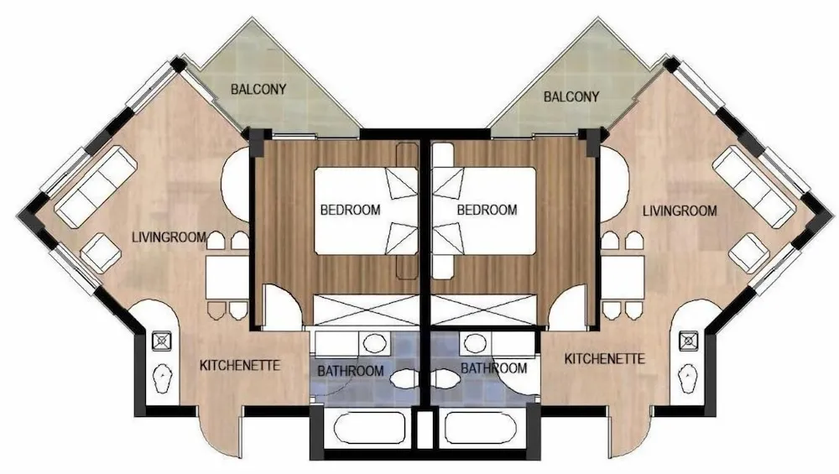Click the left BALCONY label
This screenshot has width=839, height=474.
258,89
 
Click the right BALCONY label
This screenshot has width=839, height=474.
571,97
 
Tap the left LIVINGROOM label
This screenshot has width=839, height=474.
169,237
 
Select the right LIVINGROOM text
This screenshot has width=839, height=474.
680,211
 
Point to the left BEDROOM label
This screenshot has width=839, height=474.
350,210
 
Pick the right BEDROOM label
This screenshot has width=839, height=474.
487,210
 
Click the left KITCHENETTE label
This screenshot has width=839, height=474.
239,366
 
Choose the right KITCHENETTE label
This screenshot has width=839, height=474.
605,359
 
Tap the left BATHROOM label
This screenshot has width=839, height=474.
350,371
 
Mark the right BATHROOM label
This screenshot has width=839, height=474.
493,367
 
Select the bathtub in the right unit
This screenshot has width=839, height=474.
484,430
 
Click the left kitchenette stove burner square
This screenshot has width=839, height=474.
161,341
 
